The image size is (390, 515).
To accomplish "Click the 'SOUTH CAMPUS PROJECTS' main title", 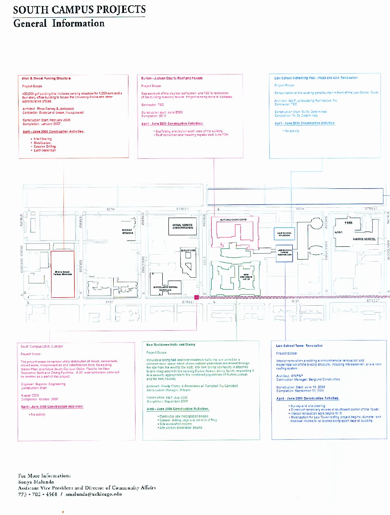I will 79,10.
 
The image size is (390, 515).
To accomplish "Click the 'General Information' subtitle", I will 59,23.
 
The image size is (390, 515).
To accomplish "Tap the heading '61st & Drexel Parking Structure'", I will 47,78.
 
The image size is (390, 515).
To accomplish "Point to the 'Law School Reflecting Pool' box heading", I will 316,78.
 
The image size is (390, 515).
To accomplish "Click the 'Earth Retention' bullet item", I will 45,151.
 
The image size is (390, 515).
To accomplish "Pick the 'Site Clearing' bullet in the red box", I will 43,139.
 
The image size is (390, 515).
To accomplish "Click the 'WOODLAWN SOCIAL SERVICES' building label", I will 165,288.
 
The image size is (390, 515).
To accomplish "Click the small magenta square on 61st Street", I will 196,297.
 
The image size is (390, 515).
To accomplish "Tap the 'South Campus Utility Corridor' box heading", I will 42,346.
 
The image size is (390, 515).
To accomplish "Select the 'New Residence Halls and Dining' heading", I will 171,344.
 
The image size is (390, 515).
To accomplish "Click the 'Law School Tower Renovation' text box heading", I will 299,346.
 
